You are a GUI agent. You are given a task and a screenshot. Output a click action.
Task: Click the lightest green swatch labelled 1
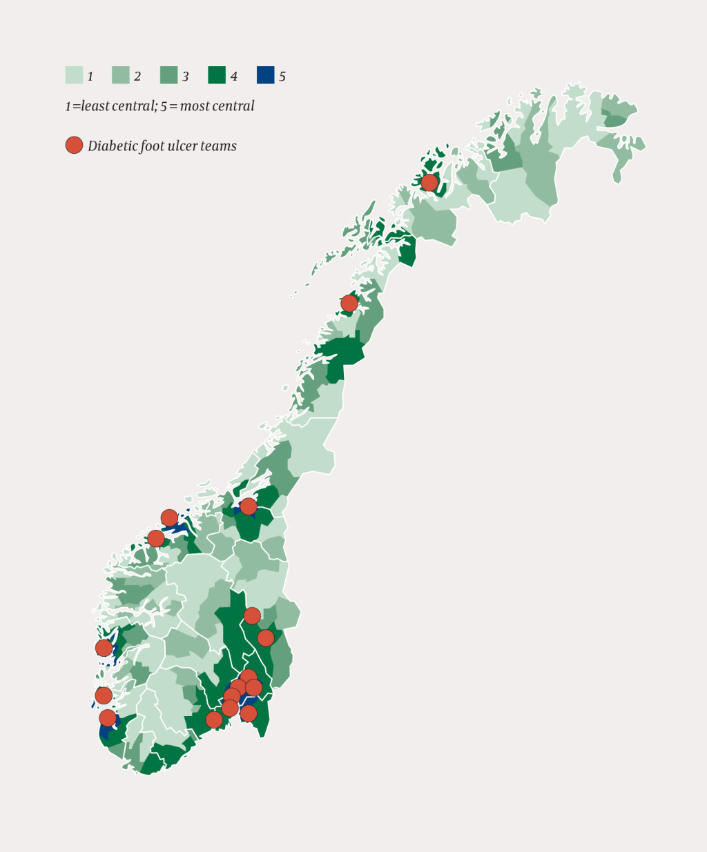[74, 75]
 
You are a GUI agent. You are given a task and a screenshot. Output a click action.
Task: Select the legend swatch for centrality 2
[121, 75]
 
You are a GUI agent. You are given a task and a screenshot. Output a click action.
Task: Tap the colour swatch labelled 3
[169, 75]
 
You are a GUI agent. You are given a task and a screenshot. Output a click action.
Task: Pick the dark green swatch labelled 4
[217, 75]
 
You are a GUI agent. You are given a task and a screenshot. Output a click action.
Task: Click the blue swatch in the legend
[265, 75]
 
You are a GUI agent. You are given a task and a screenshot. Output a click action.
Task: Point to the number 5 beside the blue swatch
[282, 77]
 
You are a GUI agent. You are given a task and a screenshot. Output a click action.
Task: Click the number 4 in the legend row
[233, 77]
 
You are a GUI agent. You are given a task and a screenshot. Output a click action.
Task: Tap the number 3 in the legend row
[185, 77]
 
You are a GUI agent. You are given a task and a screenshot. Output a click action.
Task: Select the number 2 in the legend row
[137, 77]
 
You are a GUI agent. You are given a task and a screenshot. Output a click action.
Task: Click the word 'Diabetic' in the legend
[113, 146]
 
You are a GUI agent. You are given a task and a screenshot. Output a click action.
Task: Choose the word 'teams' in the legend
[220, 146]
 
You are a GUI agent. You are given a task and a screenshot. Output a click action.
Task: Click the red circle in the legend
[74, 145]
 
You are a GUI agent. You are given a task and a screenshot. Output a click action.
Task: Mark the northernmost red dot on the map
[429, 182]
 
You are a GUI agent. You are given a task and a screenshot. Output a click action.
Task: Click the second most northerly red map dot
[349, 304]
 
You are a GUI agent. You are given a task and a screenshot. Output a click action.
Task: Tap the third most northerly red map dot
[249, 506]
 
